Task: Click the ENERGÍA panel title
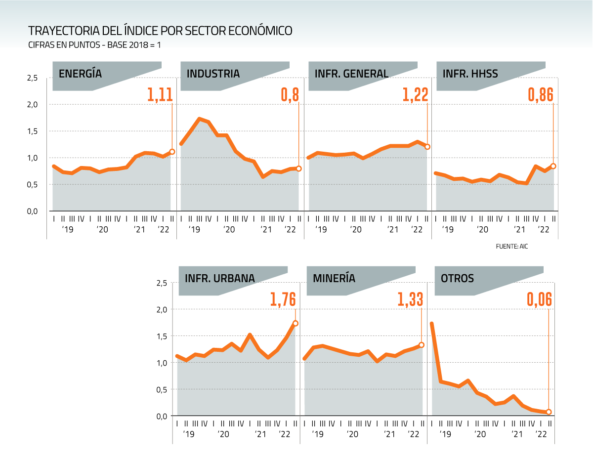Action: coord(80,74)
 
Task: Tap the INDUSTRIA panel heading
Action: coord(213,74)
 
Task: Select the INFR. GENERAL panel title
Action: coord(351,74)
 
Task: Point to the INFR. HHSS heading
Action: coord(470,74)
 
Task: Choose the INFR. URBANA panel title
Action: coord(220,278)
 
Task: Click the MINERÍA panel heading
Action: coord(334,278)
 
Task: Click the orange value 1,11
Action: coord(160,94)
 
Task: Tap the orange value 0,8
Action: coord(290,94)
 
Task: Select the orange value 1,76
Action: coord(283,299)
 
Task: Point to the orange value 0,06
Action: coord(539,299)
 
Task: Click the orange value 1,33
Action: coord(410,299)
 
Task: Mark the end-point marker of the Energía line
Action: coord(172,152)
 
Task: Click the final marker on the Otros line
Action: coord(549,412)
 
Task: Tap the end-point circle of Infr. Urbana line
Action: coord(296,323)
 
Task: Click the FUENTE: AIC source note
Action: coord(511,246)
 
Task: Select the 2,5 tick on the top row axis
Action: coord(33,78)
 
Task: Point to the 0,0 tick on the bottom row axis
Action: coord(162,416)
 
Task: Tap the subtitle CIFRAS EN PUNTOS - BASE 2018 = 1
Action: coord(95,45)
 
